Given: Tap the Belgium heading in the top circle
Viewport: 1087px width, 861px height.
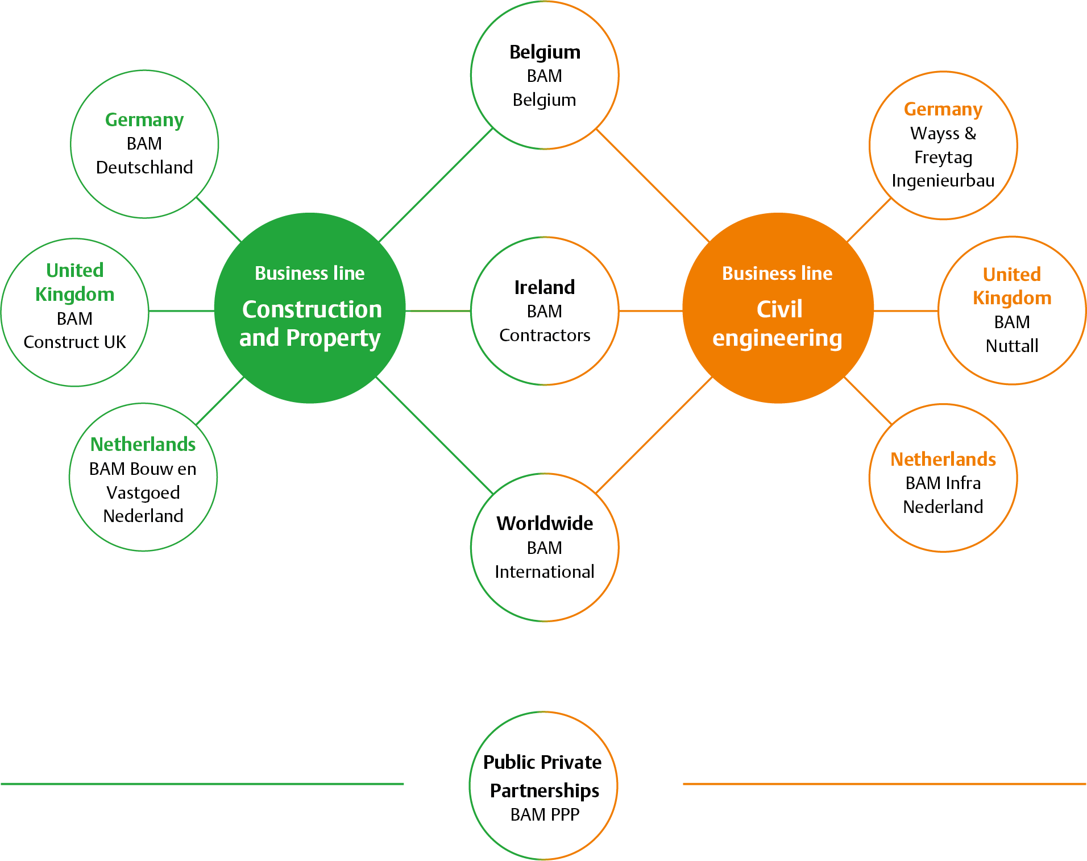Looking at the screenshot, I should pyautogui.click(x=545, y=52).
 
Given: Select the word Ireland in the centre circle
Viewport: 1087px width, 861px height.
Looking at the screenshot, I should pyautogui.click(x=545, y=287).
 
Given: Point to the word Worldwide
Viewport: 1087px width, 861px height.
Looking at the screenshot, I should pyautogui.click(x=545, y=523).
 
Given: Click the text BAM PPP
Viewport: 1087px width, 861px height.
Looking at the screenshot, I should pyautogui.click(x=545, y=814).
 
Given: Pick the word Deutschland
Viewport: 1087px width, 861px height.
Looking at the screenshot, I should pyautogui.click(x=144, y=167).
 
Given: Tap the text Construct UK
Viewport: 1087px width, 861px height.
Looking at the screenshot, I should pyautogui.click(x=74, y=342).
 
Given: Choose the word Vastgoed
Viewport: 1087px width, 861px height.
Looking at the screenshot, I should pyautogui.click(x=143, y=492).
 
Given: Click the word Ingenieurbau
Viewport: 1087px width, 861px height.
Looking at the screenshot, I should pyautogui.click(x=943, y=181).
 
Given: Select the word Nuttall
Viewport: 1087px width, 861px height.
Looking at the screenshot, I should pyautogui.click(x=1012, y=346).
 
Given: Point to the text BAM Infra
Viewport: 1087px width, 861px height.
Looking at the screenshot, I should pyautogui.click(x=943, y=483).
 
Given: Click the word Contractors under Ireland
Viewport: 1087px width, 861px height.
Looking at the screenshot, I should pyautogui.click(x=545, y=335).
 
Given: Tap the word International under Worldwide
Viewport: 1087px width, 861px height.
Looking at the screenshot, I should pyautogui.click(x=545, y=571).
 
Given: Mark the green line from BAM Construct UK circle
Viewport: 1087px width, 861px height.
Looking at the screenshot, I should pyautogui.click(x=181, y=311).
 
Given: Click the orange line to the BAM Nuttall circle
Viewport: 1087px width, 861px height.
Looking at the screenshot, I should pyautogui.click(x=906, y=311).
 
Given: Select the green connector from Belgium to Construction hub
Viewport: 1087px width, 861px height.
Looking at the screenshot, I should pyautogui.click(x=436, y=185).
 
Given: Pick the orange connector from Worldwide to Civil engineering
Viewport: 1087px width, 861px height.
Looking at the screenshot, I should pyautogui.click(x=654, y=435).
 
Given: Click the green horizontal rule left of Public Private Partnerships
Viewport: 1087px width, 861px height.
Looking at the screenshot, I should pyautogui.click(x=202, y=784).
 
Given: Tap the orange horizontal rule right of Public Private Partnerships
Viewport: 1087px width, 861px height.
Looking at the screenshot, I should pyautogui.click(x=884, y=784).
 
